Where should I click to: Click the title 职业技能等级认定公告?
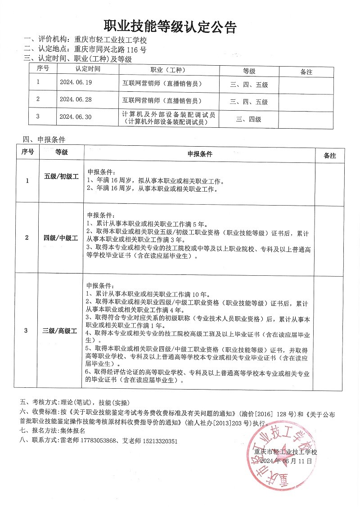coord(171,27)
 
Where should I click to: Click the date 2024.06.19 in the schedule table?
coord(75,82)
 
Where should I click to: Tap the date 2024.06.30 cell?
coord(75,117)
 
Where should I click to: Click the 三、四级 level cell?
coord(248,119)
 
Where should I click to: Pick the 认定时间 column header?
coord(88,69)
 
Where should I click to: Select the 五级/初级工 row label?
coord(61,176)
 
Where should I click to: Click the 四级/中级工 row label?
coord(61,238)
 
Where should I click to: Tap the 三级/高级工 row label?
coord(60,331)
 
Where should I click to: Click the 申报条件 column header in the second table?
coord(200,154)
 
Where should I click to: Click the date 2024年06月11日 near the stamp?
coord(286,462)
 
